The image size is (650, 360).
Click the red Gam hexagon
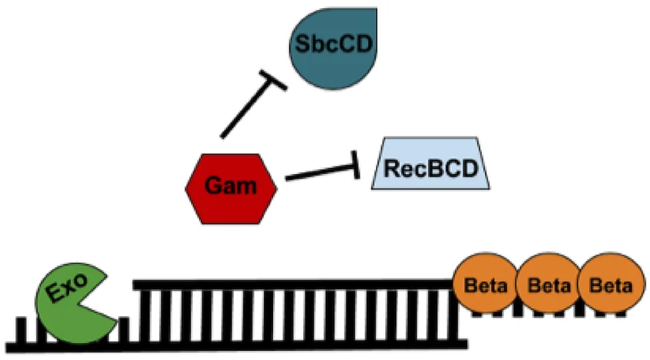point(232,187)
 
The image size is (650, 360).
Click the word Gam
point(232,187)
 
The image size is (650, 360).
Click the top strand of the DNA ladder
point(292,284)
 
